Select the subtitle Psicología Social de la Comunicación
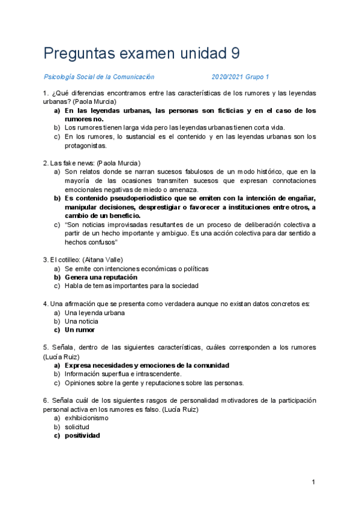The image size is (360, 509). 99,77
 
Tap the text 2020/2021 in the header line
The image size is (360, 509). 229,77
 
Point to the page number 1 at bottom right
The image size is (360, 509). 314,482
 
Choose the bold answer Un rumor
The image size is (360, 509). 80,330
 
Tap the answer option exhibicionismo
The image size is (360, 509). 86,418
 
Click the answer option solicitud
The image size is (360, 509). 77,427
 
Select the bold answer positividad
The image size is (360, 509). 83,435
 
